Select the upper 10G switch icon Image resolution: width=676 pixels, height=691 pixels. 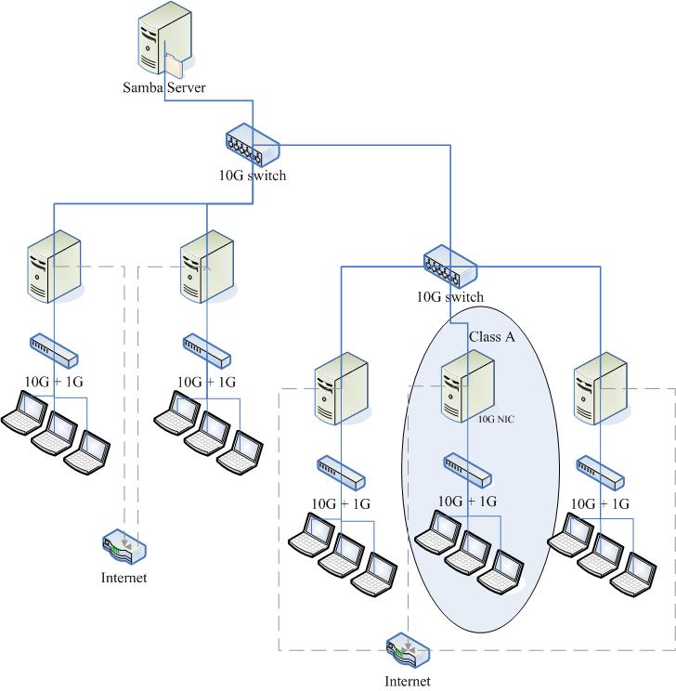click(251, 145)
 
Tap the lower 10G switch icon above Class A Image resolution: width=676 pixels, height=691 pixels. click(449, 267)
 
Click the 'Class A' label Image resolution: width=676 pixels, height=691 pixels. click(491, 337)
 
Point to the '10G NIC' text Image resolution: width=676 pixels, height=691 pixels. click(497, 419)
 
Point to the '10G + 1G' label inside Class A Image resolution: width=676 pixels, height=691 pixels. click(467, 502)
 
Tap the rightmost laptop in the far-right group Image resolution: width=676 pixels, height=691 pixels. click(640, 572)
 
